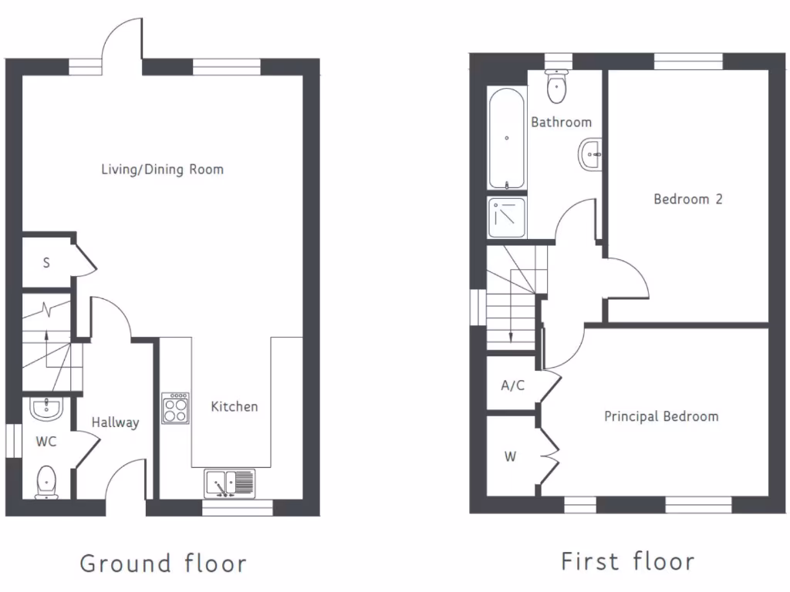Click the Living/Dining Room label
coord(162,169)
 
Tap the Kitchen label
coord(235,406)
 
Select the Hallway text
coord(115,422)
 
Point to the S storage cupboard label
coord(46,263)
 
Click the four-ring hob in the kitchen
coord(175,408)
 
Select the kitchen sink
coord(229,483)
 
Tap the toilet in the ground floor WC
coord(47,482)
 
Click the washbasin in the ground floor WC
coord(47,408)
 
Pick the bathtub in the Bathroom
coord(507,138)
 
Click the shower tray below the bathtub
coord(507,216)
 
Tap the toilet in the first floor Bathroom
coord(555,87)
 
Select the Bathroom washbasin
coord(590,156)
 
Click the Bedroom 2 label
coord(687,199)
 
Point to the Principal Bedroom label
coord(660,416)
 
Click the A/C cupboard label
coord(512,385)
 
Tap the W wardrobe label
coord(510,457)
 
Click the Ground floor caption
coord(163,563)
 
